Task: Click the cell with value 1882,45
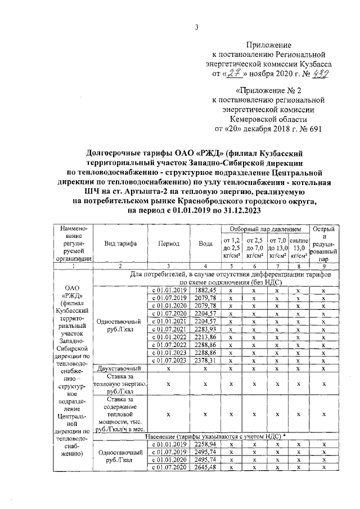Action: tap(205, 290)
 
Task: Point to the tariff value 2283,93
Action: tap(205, 328)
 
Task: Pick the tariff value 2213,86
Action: tap(205, 336)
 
